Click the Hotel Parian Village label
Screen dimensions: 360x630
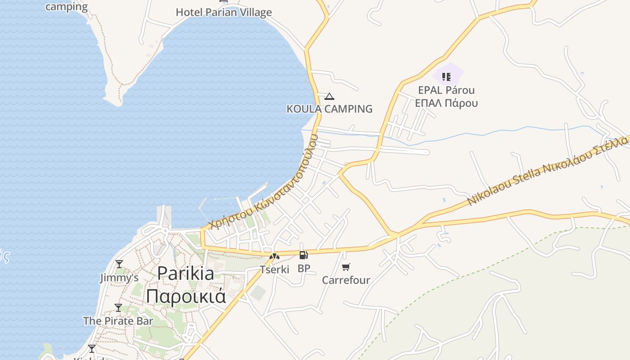coord(224,12)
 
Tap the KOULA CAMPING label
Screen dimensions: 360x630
coord(329,108)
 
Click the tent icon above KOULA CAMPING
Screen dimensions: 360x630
coord(329,96)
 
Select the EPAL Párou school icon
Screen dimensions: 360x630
coord(446,76)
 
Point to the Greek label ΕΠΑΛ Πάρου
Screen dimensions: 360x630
coord(446,103)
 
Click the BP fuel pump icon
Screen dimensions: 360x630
coord(304,255)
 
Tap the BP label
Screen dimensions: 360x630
coord(304,269)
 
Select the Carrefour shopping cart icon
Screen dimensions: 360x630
coord(346,267)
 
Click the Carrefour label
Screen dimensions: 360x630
coord(346,280)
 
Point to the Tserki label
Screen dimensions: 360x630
coord(274,270)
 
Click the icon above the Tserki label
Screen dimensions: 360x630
coord(274,257)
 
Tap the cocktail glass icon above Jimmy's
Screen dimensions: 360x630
coord(119,264)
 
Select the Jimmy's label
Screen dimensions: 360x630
coord(119,278)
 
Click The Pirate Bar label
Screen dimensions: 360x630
coord(118,321)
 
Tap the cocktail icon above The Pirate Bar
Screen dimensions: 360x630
coord(118,308)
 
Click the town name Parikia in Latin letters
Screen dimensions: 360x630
coord(185,273)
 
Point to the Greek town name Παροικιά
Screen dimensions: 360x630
coord(185,296)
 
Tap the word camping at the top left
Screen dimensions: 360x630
coord(67,6)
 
